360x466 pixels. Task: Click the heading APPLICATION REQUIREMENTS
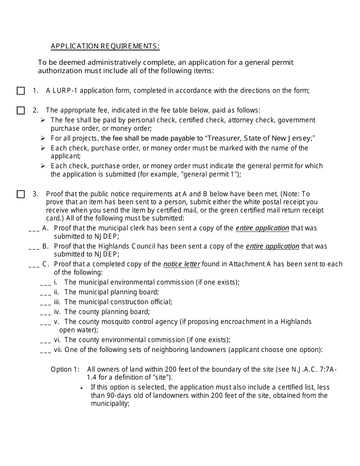[105, 46]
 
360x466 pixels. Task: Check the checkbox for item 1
[21, 91]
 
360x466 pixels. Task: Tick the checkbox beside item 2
[21, 111]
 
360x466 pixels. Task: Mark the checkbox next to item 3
[21, 194]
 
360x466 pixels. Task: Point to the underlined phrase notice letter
[182, 264]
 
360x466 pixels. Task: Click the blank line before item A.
[34, 230]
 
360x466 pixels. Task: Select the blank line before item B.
[34, 248]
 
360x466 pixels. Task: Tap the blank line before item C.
[34, 266]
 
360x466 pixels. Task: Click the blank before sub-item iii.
[45, 303]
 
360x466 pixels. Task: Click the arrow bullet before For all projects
[43, 138]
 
